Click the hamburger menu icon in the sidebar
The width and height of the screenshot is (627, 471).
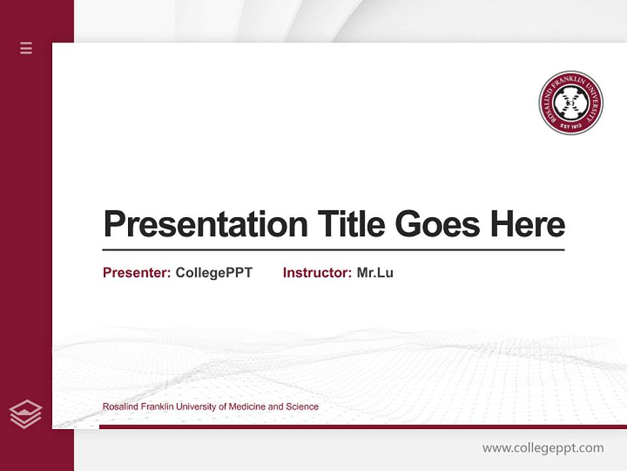26,48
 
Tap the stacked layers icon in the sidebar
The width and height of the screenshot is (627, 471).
25,414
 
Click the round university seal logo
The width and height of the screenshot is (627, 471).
571,103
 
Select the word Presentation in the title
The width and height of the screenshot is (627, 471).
206,224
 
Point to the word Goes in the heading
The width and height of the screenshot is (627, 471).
438,224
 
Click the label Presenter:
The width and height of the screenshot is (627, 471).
137,273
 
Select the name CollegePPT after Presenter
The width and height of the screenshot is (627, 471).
214,273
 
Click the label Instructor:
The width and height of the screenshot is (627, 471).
317,273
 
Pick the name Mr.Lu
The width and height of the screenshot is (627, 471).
375,273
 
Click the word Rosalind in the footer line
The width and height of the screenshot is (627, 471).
119,407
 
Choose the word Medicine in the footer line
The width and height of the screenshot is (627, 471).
247,407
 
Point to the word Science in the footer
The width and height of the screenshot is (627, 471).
302,407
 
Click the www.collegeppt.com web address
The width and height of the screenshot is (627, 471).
543,448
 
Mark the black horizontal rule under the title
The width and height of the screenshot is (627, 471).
333,249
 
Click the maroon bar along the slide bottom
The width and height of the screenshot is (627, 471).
362,427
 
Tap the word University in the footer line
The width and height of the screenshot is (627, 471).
195,407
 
